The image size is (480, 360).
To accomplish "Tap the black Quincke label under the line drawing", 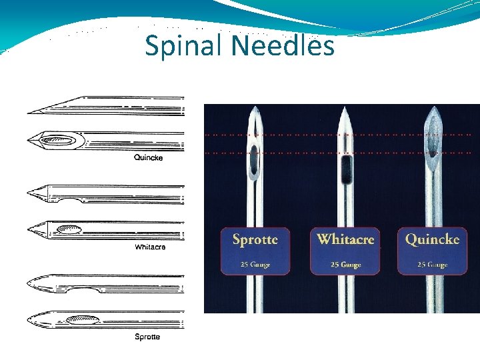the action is pos(148,158).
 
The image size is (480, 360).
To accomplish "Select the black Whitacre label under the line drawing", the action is pos(150,247).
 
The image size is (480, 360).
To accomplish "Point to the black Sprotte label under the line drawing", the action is pos(147,337).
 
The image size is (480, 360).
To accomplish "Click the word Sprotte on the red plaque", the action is pos(255,239).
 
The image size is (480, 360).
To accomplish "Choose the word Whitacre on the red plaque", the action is pos(345,239).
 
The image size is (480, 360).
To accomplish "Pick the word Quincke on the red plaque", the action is pos(432,239).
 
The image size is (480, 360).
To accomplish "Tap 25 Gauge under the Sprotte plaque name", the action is pos(255,264).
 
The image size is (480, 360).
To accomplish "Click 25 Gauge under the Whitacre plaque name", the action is pos(345,264).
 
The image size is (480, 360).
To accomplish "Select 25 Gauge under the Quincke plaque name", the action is pos(432,264).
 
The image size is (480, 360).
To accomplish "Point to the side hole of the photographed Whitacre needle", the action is pos(345,169).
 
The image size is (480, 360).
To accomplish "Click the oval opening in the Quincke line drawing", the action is pos(59,140).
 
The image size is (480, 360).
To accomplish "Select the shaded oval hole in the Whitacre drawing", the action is pos(69,229).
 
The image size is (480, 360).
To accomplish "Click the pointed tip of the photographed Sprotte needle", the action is pos(255,107).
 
